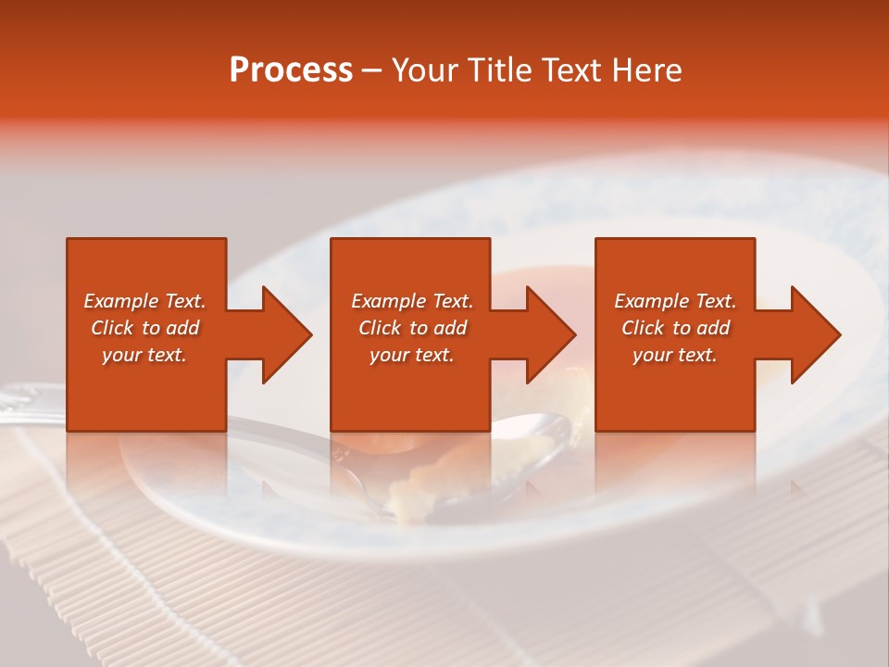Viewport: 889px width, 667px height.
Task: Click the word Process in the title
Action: click(x=291, y=70)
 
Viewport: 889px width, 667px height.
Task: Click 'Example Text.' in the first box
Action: click(x=144, y=301)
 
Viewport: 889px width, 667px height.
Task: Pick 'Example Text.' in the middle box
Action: click(x=412, y=301)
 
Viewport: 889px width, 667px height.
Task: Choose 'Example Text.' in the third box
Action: click(x=675, y=301)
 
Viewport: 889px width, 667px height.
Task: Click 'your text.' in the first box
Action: click(x=144, y=355)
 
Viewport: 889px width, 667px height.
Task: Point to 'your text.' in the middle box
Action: click(x=412, y=355)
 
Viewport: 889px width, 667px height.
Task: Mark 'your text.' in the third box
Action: click(x=675, y=355)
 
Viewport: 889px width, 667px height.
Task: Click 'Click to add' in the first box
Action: click(x=144, y=328)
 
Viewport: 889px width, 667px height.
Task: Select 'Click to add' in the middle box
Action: click(x=412, y=328)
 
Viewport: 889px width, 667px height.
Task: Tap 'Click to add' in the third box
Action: click(x=675, y=328)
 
